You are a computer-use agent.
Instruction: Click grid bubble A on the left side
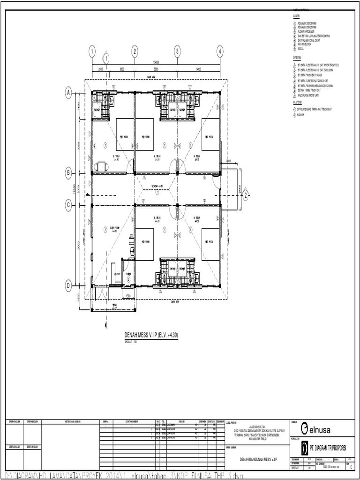[68, 94]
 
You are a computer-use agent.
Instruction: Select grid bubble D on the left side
[68, 285]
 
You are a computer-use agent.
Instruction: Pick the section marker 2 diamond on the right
[245, 196]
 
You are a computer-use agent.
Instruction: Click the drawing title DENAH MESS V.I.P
[151, 335]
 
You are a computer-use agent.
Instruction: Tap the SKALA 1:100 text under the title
[131, 342]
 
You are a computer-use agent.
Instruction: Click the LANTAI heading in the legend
[296, 16]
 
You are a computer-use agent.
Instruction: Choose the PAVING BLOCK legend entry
[304, 45]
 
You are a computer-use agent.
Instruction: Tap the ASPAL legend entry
[300, 49]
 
